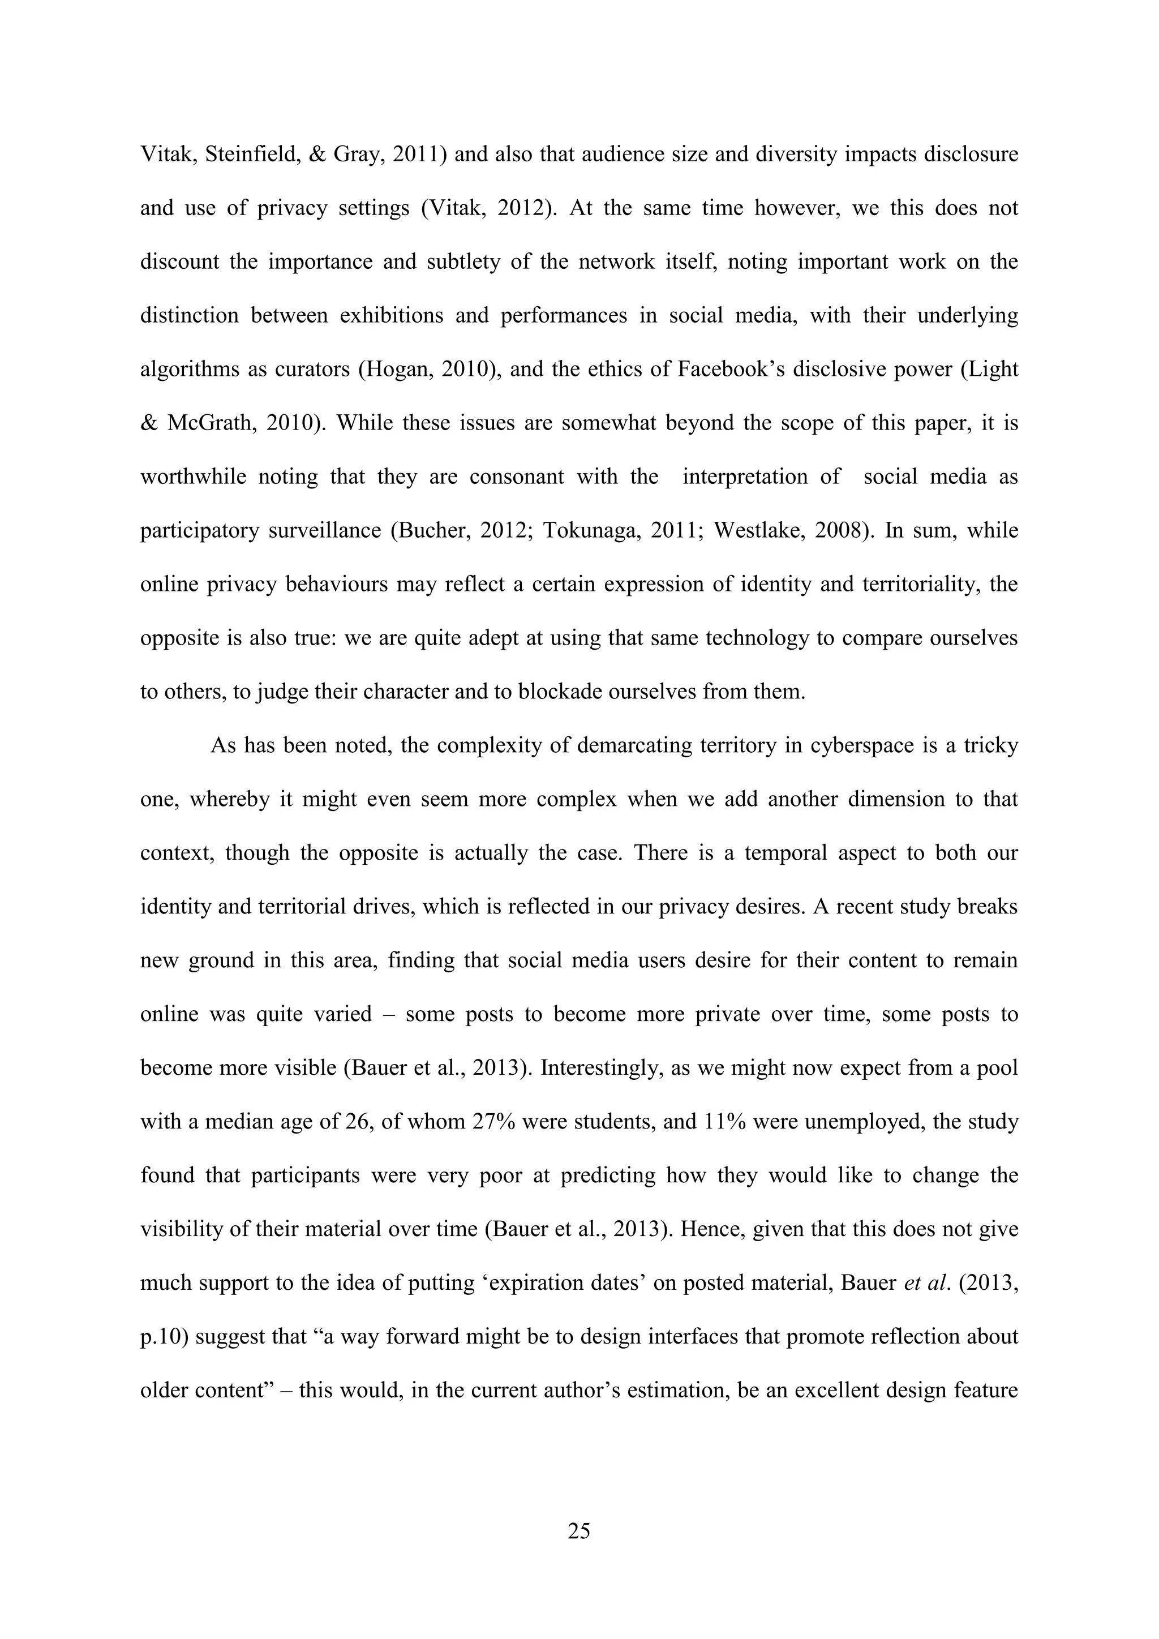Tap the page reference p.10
[164, 1336]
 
